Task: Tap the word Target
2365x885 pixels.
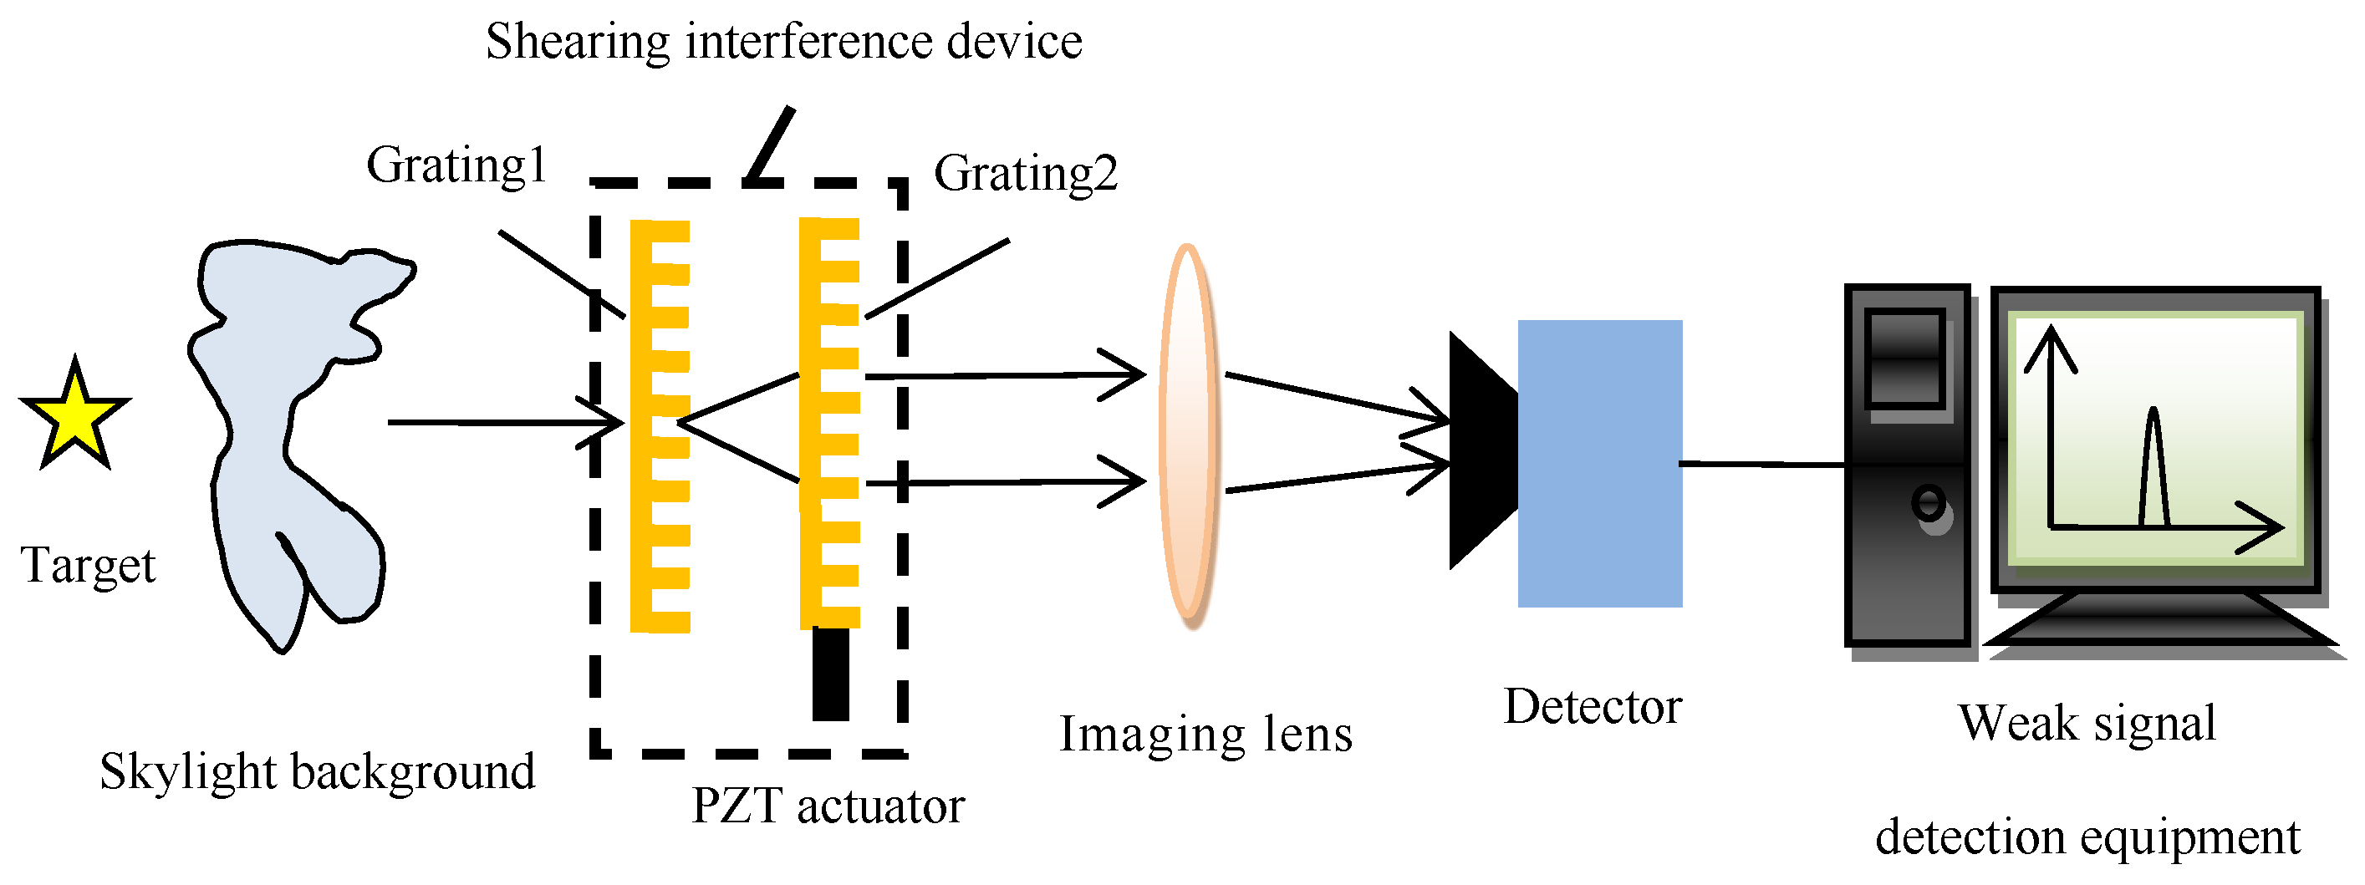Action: coord(88,566)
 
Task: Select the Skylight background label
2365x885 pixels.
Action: coord(317,771)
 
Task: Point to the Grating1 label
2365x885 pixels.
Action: coord(456,166)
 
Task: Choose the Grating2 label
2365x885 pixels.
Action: coord(1026,174)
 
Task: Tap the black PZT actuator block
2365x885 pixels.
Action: coord(831,674)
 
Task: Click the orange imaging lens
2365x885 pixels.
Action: coord(1189,436)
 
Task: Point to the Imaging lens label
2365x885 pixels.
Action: coord(1205,735)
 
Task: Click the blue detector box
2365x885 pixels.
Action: coord(1599,464)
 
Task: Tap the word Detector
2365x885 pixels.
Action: coord(1592,708)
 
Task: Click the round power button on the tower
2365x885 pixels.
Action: coord(1928,503)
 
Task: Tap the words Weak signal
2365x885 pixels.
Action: coord(2087,724)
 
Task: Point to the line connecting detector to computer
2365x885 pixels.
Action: coord(1763,465)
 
